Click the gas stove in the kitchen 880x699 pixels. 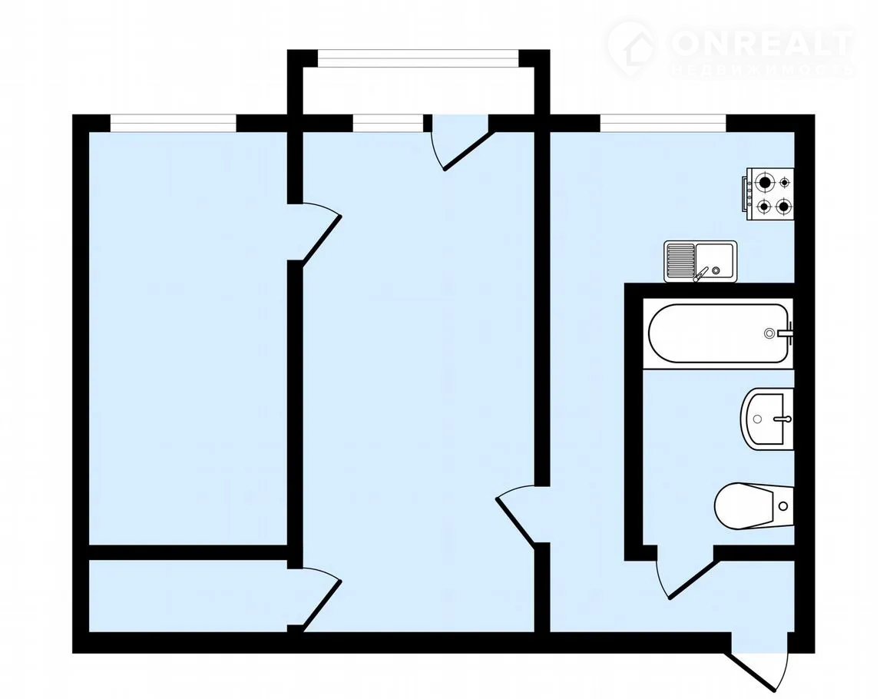tap(769, 194)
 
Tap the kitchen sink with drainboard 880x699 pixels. tap(700, 261)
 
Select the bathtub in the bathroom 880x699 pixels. tap(719, 333)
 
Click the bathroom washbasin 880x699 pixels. tap(766, 419)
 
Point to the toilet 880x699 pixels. tap(753, 505)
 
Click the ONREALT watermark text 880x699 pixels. tap(763, 43)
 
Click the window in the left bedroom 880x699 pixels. tap(173, 123)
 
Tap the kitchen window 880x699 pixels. tap(663, 123)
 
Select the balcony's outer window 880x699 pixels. tap(418, 58)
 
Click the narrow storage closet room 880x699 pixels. tap(188, 596)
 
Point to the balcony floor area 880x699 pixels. tap(418, 91)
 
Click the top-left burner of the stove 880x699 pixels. tap(765, 183)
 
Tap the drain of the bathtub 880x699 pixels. tap(769, 333)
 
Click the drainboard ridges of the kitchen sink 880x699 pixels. tap(680, 260)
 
